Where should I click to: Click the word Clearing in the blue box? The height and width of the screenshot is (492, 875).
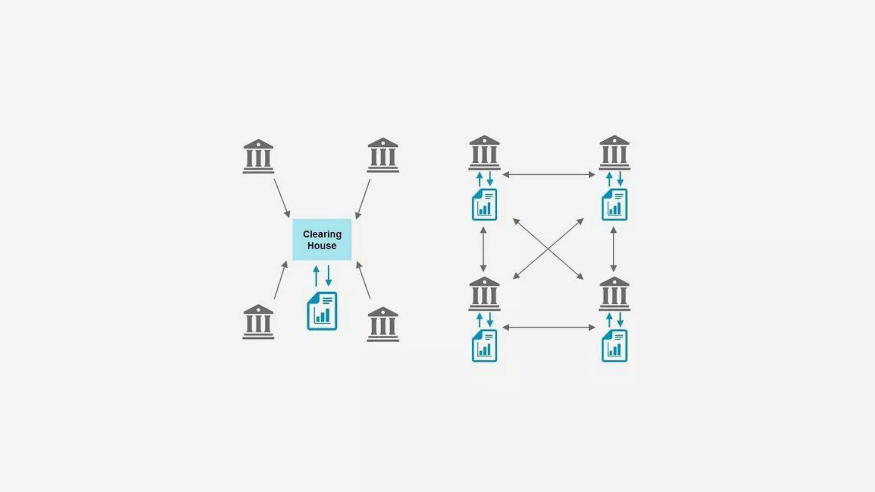click(x=322, y=234)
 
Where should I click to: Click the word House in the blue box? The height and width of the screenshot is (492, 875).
click(x=322, y=246)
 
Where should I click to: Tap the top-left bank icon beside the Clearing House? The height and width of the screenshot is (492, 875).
click(x=258, y=156)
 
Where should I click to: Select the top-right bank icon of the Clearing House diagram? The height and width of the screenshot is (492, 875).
click(x=383, y=155)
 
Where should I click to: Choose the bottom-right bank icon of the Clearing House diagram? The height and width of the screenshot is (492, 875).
click(x=383, y=324)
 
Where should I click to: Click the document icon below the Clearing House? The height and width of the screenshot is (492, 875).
click(x=322, y=311)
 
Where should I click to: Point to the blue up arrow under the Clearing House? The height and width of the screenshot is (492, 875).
click(x=316, y=276)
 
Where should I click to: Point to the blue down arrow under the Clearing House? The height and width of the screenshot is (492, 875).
click(x=329, y=276)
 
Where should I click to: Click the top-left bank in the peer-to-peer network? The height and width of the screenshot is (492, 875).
click(x=484, y=152)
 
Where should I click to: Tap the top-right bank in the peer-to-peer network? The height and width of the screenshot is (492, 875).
click(x=614, y=152)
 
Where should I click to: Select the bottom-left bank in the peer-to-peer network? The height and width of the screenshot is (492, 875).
click(x=484, y=293)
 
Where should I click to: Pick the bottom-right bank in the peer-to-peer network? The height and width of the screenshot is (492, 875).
click(x=614, y=293)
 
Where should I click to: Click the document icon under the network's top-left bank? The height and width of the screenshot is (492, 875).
click(x=484, y=205)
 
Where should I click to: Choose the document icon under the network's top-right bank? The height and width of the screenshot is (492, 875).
click(x=614, y=205)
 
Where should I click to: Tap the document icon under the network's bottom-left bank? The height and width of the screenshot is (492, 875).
click(x=484, y=346)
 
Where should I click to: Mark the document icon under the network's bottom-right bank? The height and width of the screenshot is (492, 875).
click(x=614, y=346)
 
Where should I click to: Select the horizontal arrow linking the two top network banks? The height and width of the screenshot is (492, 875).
click(x=549, y=175)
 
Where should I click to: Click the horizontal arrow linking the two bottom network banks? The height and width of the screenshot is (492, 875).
click(x=549, y=328)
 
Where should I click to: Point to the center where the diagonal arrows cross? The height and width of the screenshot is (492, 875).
click(x=548, y=249)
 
